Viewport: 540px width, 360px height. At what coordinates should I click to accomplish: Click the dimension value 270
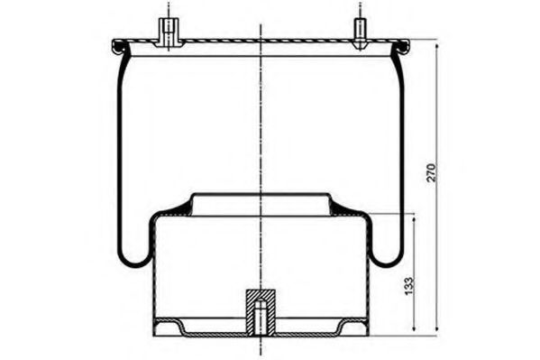coord(431,172)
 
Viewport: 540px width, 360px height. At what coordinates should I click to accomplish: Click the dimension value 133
coord(408,285)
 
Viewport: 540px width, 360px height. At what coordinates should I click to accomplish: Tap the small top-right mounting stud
coord(360,32)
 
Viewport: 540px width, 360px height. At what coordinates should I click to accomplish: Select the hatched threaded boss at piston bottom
coord(261,312)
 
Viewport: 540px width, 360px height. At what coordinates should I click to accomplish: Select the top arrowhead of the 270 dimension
coord(437,47)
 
